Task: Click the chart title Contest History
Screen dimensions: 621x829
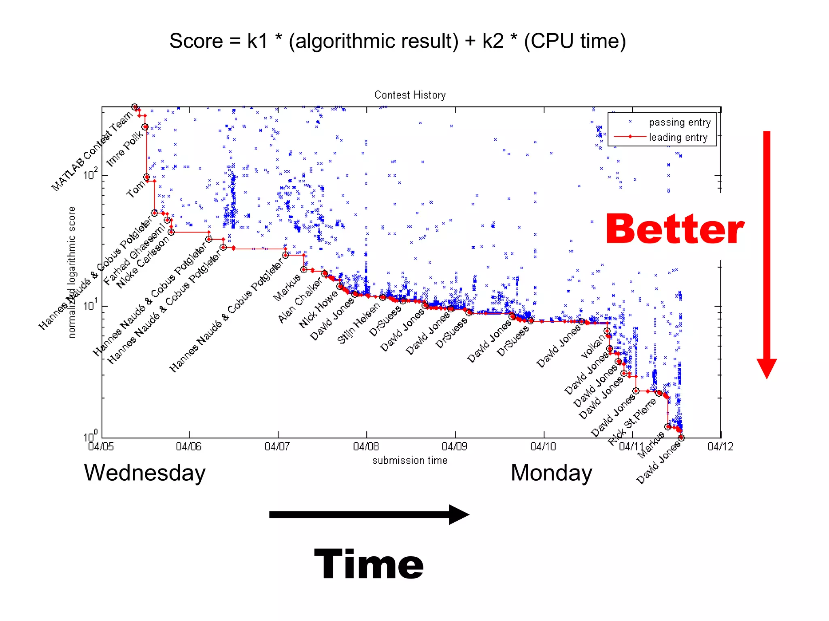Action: point(410,95)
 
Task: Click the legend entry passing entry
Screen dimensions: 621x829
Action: point(679,122)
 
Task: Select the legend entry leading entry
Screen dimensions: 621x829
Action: point(678,137)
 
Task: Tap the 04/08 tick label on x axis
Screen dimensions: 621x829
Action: point(366,447)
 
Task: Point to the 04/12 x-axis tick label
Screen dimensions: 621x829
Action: point(720,447)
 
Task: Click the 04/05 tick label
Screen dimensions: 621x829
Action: point(101,447)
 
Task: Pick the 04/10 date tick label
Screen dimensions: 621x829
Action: point(543,447)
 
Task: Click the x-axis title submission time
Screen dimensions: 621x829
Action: point(410,460)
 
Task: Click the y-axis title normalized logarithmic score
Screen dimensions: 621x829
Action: point(72,272)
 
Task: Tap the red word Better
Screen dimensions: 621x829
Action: point(674,229)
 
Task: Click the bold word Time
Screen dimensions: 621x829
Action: point(369,564)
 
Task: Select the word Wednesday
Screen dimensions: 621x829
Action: point(145,473)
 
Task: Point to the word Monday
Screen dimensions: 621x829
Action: point(551,473)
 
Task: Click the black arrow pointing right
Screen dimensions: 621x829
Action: point(369,515)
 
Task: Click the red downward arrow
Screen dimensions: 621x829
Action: point(767,254)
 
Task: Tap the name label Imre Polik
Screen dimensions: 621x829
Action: point(125,149)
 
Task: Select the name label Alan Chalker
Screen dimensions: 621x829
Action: point(300,300)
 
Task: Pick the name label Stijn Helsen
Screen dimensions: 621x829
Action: point(359,323)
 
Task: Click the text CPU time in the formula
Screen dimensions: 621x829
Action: point(575,41)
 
